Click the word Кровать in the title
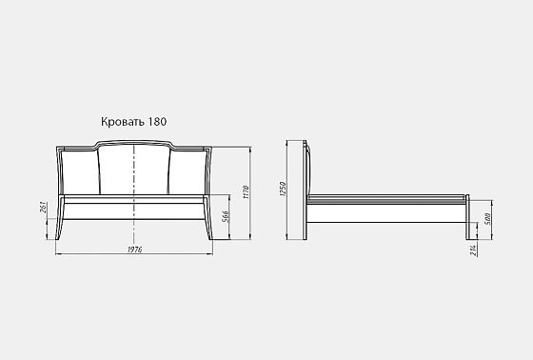[123, 122]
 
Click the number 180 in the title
[157, 122]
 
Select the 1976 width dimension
[134, 250]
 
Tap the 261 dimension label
[43, 208]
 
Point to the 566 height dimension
[225, 216]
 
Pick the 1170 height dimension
[247, 192]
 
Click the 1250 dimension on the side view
[283, 189]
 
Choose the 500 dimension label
[487, 219]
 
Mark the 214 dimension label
[473, 250]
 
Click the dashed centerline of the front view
[134, 193]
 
